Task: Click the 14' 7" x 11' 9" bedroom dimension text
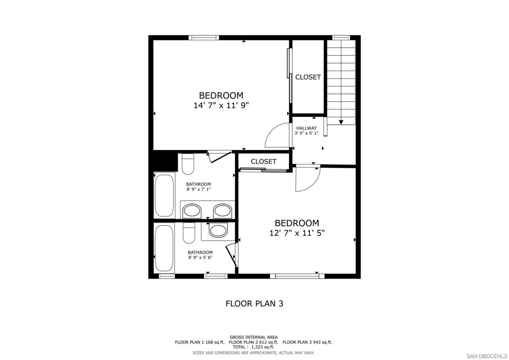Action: pyautogui.click(x=221, y=105)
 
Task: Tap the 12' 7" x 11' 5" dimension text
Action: pyautogui.click(x=297, y=233)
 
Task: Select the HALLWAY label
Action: pyautogui.click(x=306, y=128)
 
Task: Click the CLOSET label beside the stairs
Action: pyautogui.click(x=308, y=77)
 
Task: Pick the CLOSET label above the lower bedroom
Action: pyautogui.click(x=263, y=161)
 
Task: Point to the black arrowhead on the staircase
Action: pyautogui.click(x=341, y=122)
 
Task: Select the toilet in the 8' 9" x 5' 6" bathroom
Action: pyautogui.click(x=188, y=233)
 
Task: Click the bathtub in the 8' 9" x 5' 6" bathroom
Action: pyautogui.click(x=164, y=248)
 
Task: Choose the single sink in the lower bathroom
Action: pyautogui.click(x=218, y=231)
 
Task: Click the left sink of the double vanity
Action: pyautogui.click(x=191, y=211)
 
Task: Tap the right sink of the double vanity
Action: pyautogui.click(x=222, y=211)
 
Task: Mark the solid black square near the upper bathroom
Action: pyautogui.click(x=165, y=161)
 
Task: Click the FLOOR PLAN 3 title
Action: pyautogui.click(x=254, y=303)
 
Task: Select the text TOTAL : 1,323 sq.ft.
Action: pyautogui.click(x=253, y=347)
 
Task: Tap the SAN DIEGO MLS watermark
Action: pyautogui.click(x=487, y=356)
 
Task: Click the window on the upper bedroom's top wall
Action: pyautogui.click(x=204, y=38)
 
